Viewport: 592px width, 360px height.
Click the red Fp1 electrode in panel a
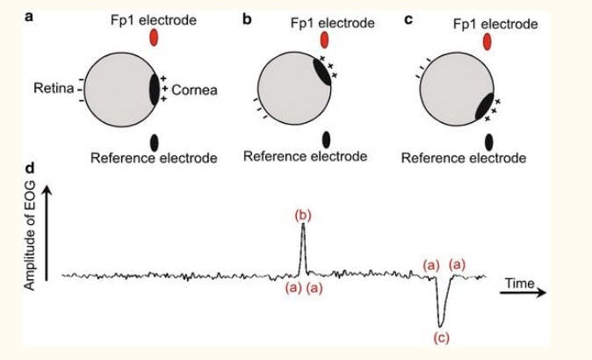(x=155, y=38)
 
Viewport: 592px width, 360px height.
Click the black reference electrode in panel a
(x=155, y=140)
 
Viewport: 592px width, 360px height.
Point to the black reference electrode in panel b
(x=326, y=140)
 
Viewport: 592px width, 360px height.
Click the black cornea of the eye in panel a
(x=155, y=90)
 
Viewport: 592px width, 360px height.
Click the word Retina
(x=53, y=89)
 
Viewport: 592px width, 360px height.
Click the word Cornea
(x=193, y=90)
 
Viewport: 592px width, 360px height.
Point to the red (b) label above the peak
(x=303, y=214)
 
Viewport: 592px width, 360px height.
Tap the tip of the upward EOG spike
(x=303, y=225)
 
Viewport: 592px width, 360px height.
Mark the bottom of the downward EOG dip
(x=441, y=323)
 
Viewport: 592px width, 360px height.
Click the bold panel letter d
(x=32, y=167)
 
